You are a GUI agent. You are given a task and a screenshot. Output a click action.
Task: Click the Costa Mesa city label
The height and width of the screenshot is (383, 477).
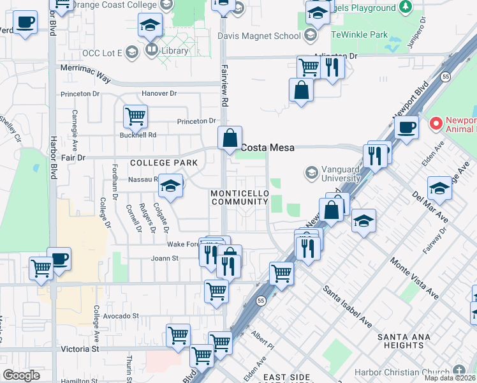point(267,147)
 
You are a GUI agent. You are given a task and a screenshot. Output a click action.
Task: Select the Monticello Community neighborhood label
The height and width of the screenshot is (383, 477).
point(239,197)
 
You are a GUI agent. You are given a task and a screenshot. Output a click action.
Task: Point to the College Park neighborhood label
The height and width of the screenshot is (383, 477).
point(164,163)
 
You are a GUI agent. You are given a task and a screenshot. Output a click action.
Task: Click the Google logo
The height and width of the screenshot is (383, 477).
point(21,375)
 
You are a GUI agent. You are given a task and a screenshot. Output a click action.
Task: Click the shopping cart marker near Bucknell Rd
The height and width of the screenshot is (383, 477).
point(135,116)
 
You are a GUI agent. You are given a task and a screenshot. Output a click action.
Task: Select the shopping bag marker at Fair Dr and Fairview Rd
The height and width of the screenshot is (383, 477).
point(230,137)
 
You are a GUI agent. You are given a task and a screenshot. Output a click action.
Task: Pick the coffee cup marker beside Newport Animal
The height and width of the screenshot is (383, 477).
point(406,126)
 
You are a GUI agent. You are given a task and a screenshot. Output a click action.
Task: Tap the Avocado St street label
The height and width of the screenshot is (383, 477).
point(119,316)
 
